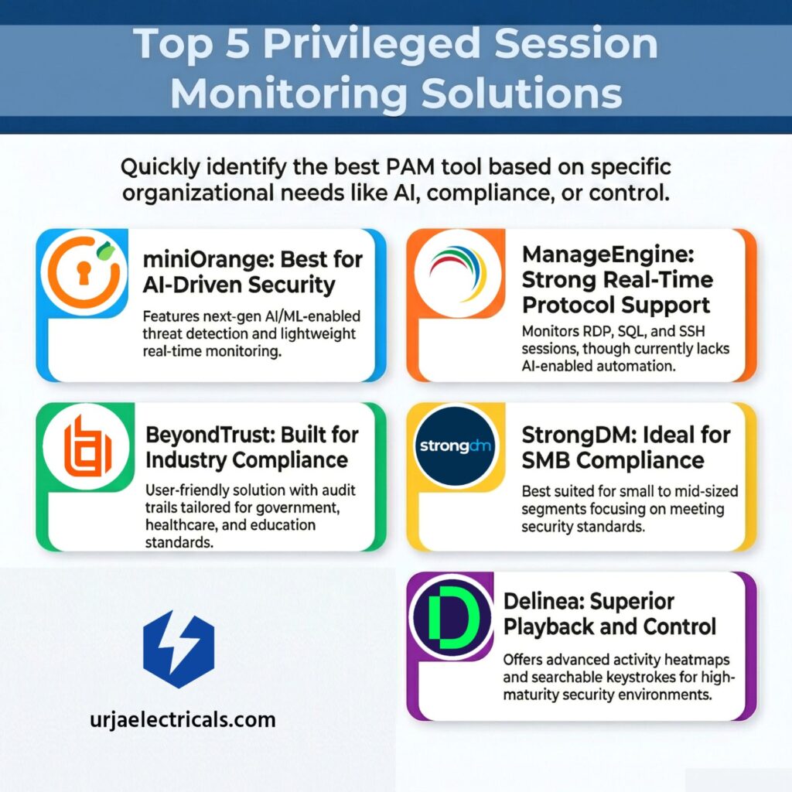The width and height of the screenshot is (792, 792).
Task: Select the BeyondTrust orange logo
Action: pyautogui.click(x=87, y=446)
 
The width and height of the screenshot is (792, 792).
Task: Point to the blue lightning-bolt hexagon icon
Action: pyautogui.click(x=179, y=649)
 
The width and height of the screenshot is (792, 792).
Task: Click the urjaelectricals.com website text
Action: pyautogui.click(x=183, y=719)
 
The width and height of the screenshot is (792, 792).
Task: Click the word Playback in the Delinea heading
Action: pyautogui.click(x=548, y=626)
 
